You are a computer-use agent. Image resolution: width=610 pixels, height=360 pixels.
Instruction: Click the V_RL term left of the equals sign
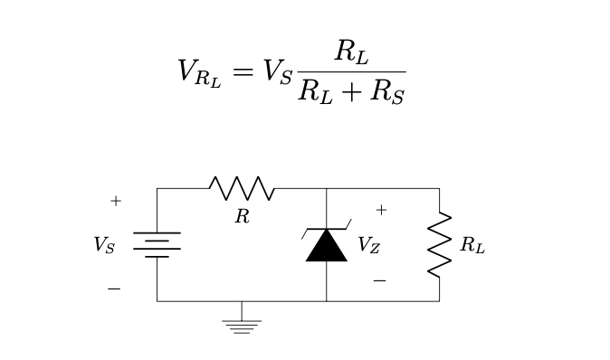pos(198,72)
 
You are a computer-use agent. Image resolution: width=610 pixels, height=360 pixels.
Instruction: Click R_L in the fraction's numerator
pos(351,52)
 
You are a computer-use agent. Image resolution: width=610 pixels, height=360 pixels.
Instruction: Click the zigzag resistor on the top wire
pos(242,188)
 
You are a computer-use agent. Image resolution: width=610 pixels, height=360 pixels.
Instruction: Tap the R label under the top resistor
pos(242,217)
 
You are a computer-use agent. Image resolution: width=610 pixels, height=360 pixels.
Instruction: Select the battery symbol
pos(157,244)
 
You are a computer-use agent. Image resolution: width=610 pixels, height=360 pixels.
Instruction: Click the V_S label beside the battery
pos(104,245)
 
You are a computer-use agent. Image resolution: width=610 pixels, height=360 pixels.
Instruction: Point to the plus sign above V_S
pos(115,201)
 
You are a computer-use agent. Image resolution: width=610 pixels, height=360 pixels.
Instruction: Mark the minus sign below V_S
pos(114,289)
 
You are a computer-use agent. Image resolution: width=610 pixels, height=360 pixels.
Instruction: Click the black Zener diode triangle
pos(326,245)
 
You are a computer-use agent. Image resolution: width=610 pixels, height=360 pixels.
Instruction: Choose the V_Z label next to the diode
pos(368,245)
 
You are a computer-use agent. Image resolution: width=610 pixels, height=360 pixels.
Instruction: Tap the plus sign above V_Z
pos(381,210)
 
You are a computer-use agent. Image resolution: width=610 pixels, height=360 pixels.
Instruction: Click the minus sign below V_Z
pos(379,280)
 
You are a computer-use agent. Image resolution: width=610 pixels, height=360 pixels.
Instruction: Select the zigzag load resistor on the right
pos(439,244)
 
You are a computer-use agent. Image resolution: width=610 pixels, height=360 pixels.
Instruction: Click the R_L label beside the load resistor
pos(472,245)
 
